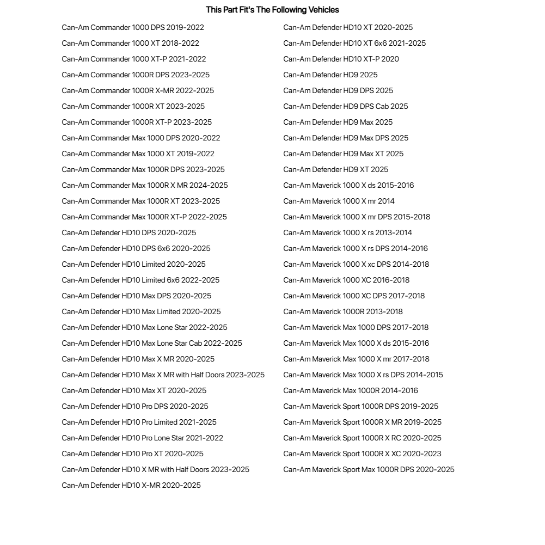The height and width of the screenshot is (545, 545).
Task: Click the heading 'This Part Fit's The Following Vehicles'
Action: (272, 10)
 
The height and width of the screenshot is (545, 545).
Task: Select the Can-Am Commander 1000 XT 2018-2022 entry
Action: (130, 43)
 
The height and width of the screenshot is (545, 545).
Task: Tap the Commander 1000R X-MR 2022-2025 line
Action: (138, 90)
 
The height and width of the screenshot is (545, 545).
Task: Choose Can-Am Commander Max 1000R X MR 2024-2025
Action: (145, 185)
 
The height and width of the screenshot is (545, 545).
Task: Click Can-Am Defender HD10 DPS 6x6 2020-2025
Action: (136, 248)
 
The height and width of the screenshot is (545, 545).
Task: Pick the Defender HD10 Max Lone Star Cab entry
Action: (152, 343)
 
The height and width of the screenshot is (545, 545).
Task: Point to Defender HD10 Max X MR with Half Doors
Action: (163, 375)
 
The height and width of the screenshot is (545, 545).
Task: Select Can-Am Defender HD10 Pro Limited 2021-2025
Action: (139, 422)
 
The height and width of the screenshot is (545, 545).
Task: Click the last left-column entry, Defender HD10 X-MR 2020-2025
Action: (131, 485)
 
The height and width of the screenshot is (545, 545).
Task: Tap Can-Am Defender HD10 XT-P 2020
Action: (341, 59)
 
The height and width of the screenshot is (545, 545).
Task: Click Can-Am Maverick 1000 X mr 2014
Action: (339, 201)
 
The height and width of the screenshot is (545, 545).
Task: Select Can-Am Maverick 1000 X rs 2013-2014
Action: (347, 232)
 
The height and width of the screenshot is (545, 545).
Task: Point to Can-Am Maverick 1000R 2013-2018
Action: (343, 311)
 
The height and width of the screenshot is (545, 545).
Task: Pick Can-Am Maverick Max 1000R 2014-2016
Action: (351, 390)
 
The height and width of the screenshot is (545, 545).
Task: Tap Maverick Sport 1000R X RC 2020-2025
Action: (362, 438)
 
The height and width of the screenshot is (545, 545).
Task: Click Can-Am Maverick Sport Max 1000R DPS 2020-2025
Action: (369, 469)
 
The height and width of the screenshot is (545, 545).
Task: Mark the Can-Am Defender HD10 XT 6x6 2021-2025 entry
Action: (354, 43)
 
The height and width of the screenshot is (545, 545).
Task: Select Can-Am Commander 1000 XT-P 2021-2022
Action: (134, 59)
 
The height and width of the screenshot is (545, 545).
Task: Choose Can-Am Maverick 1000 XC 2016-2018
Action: (346, 280)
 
